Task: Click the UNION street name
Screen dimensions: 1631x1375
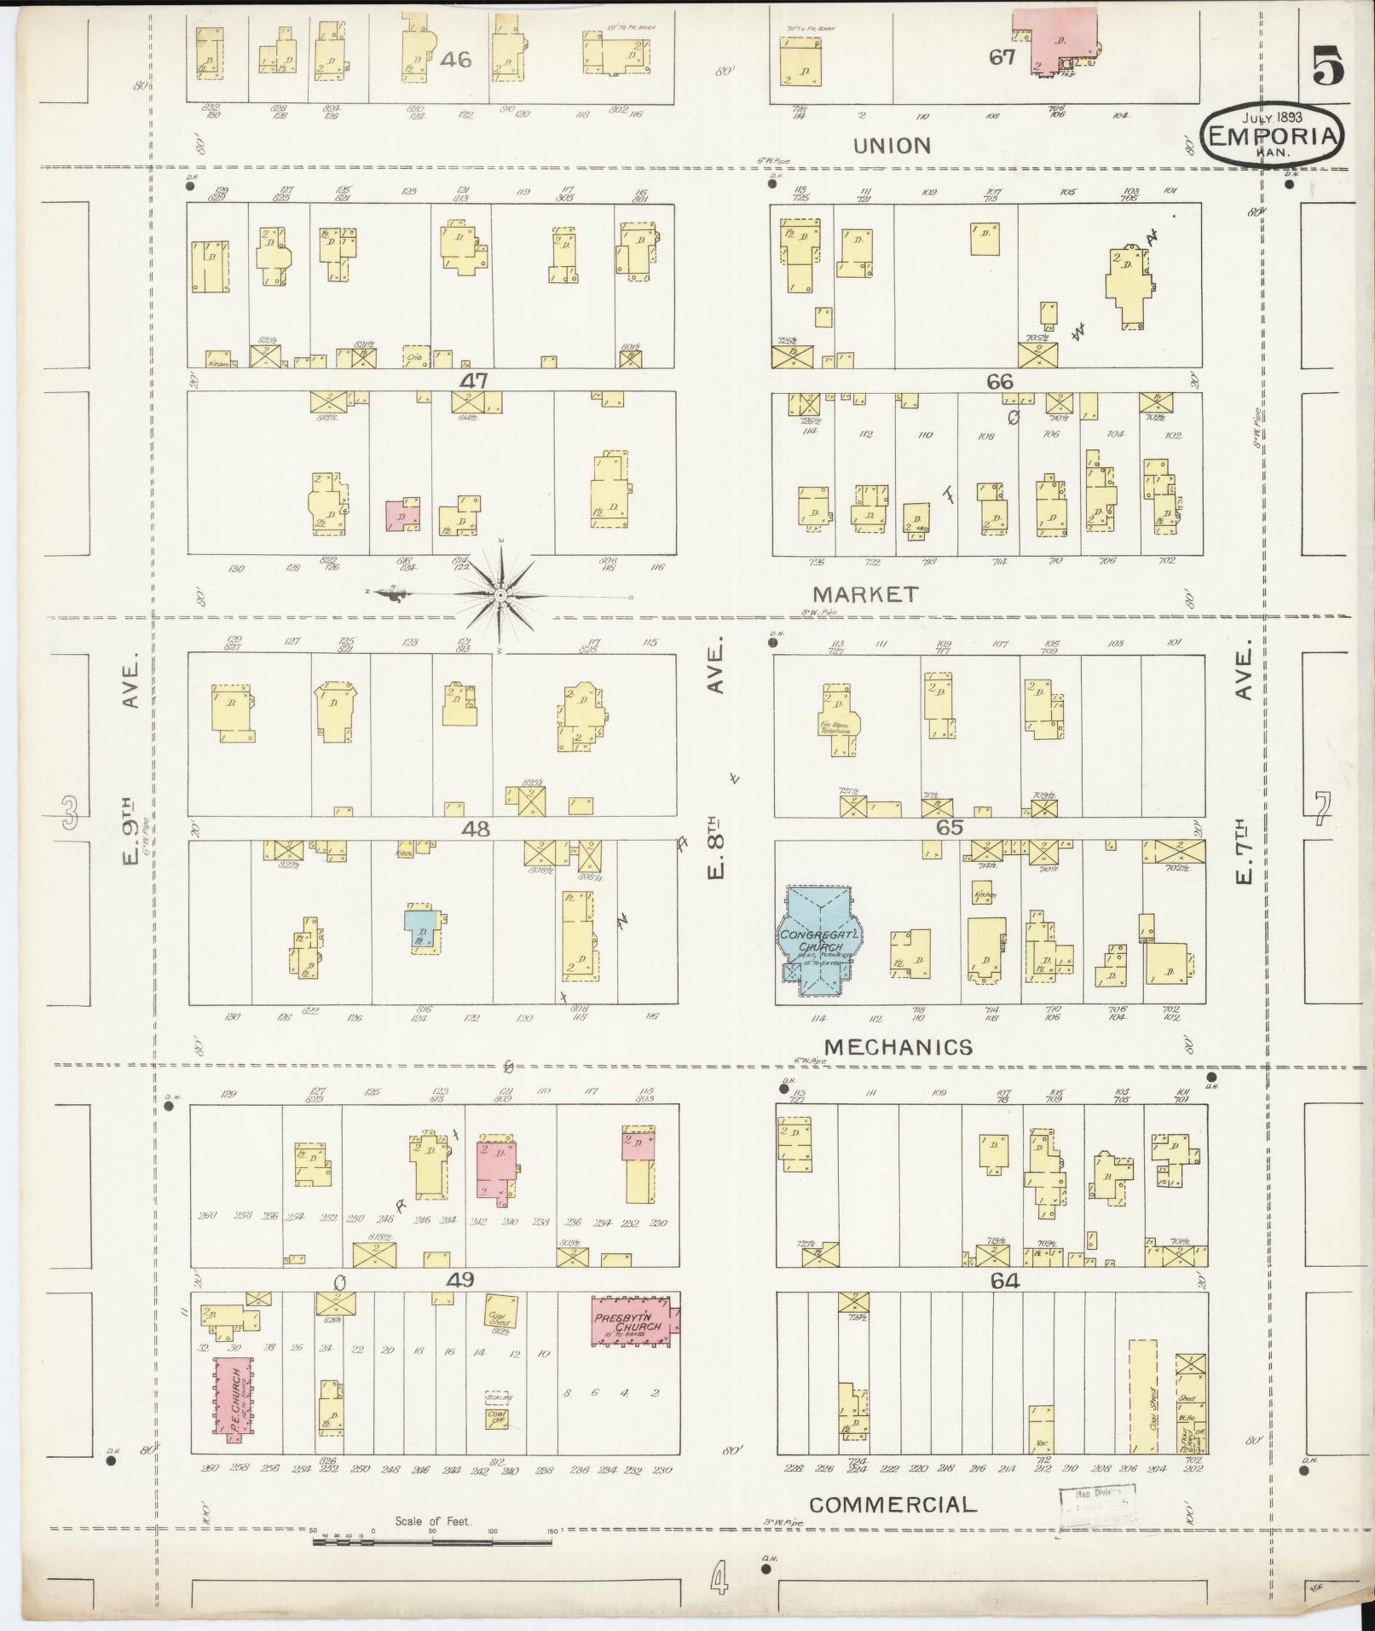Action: click(x=892, y=146)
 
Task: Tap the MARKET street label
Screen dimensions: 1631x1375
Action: click(x=865, y=594)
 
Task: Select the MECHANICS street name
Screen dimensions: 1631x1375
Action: click(x=898, y=1047)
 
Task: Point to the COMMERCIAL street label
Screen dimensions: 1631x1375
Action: click(x=893, y=1505)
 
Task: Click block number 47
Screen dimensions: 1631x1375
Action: click(x=473, y=381)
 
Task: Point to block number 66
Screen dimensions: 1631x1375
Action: click(x=999, y=382)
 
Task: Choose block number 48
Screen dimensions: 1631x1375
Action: click(x=475, y=828)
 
